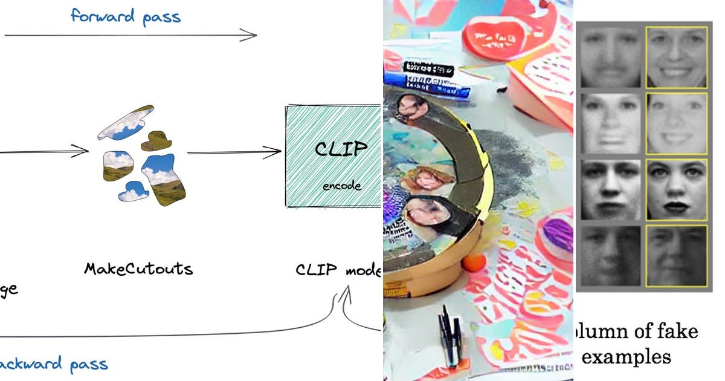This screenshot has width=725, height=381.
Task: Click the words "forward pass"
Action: tap(126, 16)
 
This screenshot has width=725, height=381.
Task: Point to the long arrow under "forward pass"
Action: tap(130, 36)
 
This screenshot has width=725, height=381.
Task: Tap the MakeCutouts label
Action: tap(139, 269)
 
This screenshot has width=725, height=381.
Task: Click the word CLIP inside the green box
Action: tap(341, 148)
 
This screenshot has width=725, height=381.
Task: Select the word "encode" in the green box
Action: tap(342, 186)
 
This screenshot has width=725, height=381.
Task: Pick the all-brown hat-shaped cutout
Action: tap(155, 141)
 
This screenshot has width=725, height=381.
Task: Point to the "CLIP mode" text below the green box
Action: tap(338, 270)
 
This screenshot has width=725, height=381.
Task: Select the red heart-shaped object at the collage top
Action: tap(494, 36)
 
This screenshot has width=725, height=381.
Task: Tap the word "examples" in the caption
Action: tap(626, 357)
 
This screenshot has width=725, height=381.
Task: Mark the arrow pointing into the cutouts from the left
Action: tap(45, 151)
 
